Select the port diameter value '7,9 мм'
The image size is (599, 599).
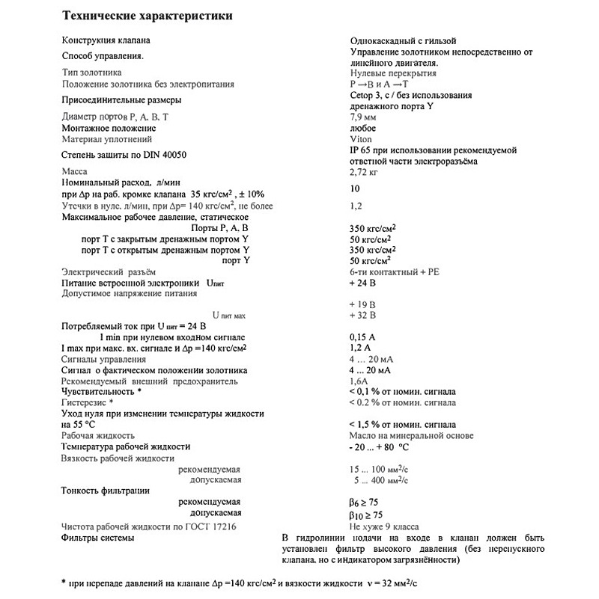[364, 117]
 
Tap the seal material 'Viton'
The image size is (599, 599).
[360, 139]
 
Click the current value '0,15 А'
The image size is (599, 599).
[363, 337]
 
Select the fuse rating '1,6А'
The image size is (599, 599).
[360, 381]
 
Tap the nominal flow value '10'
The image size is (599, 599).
[355, 188]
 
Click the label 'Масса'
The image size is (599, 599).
[74, 171]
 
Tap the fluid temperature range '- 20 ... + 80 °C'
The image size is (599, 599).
[379, 446]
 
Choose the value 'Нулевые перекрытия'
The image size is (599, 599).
[393, 73]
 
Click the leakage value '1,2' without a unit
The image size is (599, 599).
[356, 205]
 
